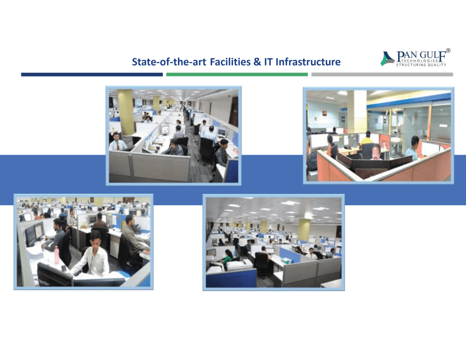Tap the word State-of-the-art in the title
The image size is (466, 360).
click(x=170, y=61)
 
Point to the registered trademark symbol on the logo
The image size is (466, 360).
click(x=448, y=50)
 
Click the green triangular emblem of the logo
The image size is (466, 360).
click(x=387, y=58)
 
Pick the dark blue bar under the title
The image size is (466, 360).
click(x=91, y=74)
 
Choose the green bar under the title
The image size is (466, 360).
click(x=237, y=74)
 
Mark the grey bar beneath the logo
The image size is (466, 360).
click(x=382, y=74)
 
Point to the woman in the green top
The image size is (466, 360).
click(x=227, y=257)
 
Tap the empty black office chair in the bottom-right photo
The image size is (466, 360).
click(x=262, y=263)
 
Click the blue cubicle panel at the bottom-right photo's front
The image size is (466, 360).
click(x=231, y=277)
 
